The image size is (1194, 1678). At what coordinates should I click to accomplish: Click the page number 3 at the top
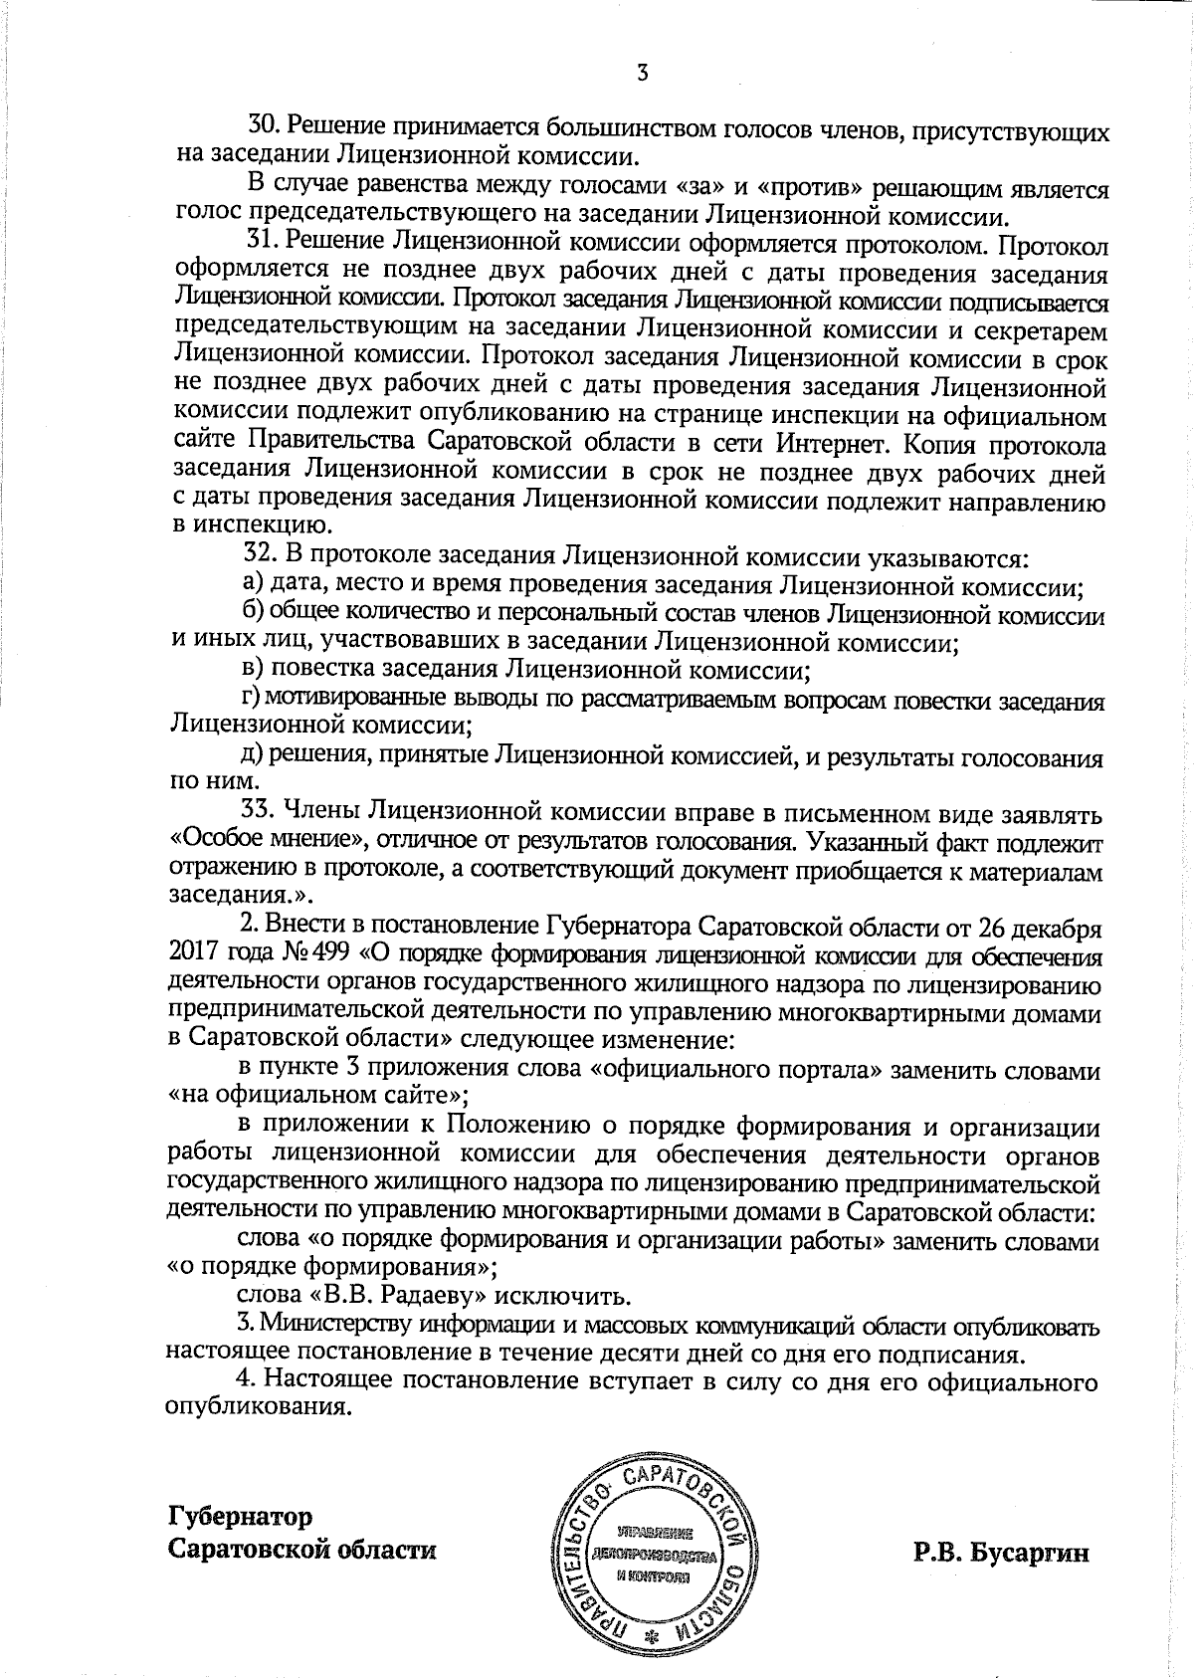click(643, 73)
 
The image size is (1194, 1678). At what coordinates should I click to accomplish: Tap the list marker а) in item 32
click(253, 585)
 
